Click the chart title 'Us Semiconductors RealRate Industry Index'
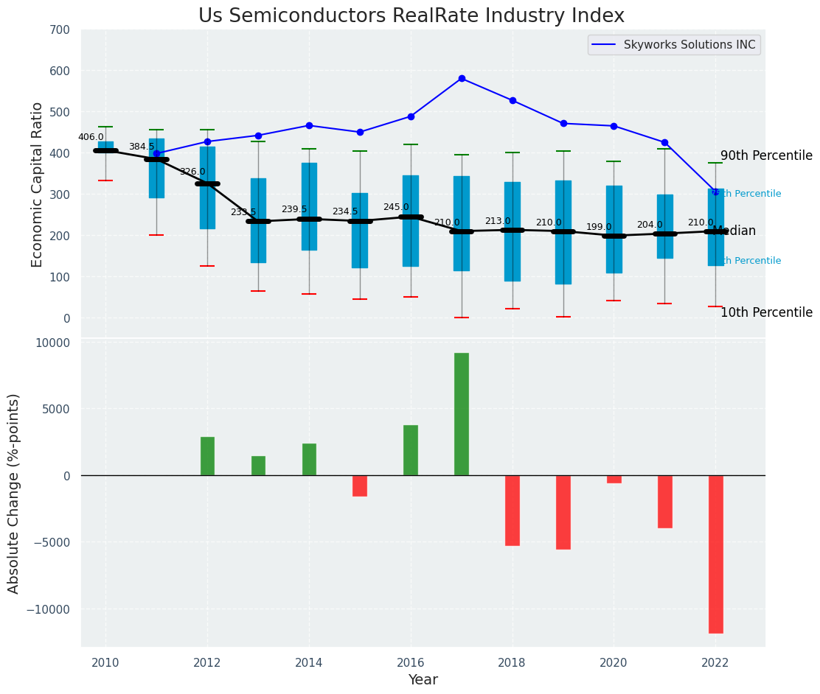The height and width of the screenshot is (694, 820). [x=411, y=16]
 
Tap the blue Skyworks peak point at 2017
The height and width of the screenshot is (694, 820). [x=462, y=78]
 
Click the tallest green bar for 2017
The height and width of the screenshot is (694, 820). [x=462, y=414]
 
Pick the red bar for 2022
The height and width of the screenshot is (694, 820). [x=715, y=554]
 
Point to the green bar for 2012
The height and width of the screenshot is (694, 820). [x=207, y=456]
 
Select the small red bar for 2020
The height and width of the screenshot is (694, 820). [x=614, y=479]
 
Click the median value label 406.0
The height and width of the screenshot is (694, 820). [x=91, y=137]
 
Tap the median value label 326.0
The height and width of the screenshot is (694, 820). [x=192, y=172]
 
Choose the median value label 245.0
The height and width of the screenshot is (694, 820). [x=396, y=207]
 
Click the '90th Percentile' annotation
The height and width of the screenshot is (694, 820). [x=766, y=155]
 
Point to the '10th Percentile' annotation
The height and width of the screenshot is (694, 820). [x=766, y=312]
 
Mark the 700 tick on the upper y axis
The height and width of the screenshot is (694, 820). [x=60, y=29]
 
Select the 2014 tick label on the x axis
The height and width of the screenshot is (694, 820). [x=309, y=662]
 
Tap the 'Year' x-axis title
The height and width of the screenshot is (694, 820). [x=423, y=680]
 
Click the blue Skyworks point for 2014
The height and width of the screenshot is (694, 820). [x=309, y=125]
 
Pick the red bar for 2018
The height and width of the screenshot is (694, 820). [x=512, y=510]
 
